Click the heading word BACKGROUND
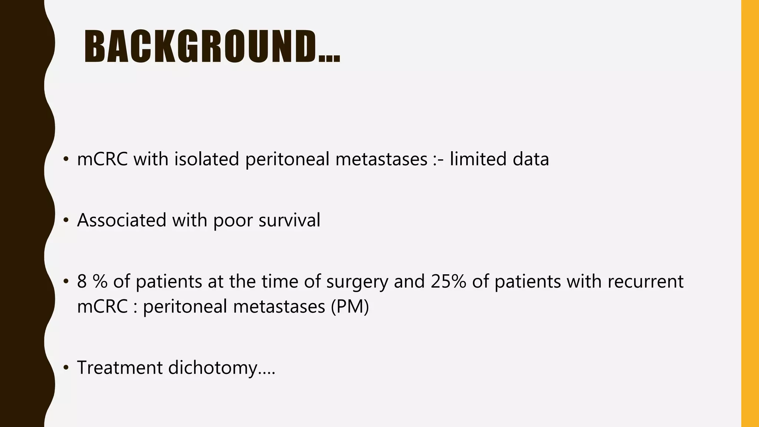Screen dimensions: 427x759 [200, 46]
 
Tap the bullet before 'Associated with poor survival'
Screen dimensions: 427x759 [66, 221]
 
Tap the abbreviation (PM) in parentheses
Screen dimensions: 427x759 [350, 307]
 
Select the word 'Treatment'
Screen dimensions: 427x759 [120, 368]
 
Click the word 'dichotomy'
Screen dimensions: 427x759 [212, 368]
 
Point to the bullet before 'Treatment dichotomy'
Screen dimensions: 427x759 [66, 368]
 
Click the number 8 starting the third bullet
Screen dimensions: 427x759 [82, 281]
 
